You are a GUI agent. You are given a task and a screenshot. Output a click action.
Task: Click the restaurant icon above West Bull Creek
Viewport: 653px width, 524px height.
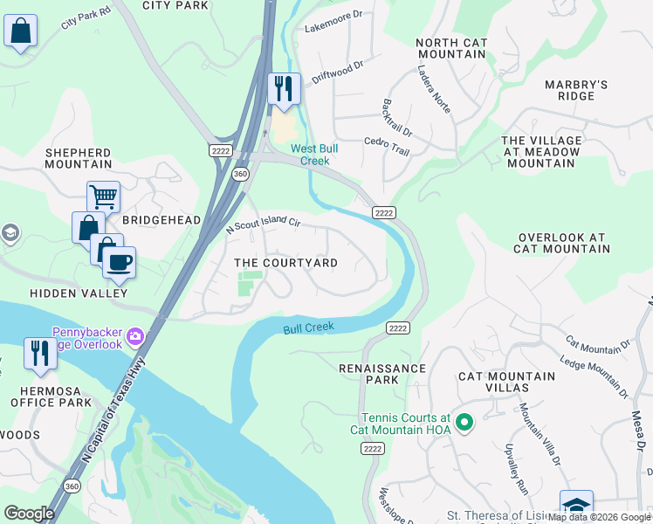(284, 89)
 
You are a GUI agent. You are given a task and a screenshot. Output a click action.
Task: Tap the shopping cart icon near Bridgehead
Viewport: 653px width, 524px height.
(103, 197)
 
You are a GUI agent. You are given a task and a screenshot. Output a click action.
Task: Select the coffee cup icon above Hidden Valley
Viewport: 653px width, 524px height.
(119, 260)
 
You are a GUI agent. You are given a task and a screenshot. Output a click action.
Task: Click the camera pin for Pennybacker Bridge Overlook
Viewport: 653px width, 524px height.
(135, 336)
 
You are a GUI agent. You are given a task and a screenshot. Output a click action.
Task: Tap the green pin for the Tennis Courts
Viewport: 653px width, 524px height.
(464, 424)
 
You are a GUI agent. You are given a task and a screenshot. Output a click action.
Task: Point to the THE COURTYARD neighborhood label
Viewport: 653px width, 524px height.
(285, 263)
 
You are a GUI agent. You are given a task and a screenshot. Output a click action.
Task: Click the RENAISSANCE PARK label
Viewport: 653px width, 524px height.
(381, 375)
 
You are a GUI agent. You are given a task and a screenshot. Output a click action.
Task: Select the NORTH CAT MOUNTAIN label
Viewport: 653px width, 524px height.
(450, 48)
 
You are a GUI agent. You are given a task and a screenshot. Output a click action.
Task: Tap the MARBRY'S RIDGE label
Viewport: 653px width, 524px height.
(575, 90)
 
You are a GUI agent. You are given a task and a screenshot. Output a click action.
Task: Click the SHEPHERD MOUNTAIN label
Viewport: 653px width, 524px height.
(79, 158)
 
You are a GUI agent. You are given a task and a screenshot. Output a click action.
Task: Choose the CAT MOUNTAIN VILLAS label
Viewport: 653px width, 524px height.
(506, 382)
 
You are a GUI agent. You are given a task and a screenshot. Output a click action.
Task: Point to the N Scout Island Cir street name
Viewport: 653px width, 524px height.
(263, 224)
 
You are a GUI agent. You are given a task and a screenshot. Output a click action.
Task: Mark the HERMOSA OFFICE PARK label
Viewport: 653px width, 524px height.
(51, 396)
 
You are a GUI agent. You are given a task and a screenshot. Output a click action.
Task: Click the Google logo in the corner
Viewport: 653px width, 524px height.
(29, 514)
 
